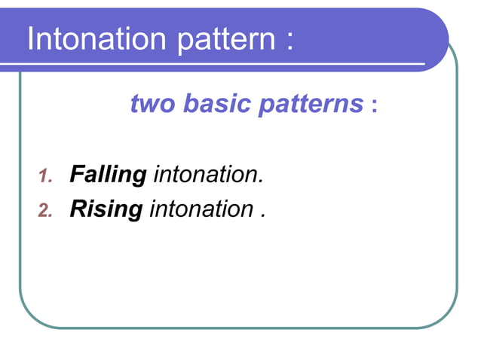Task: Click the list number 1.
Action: point(44,178)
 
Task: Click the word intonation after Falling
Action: point(207,175)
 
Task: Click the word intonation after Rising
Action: point(201,209)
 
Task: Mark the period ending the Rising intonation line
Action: point(263,215)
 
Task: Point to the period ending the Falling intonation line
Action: point(262,182)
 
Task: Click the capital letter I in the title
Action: point(31,39)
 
